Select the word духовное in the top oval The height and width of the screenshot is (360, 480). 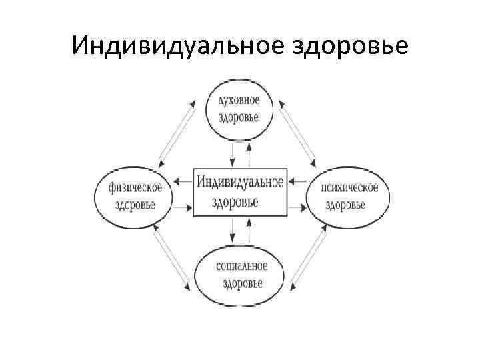tap(239, 101)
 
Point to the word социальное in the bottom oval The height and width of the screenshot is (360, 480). tap(241, 267)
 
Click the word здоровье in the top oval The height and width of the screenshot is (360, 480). tap(239, 119)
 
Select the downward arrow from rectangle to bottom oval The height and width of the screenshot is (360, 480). tap(232, 230)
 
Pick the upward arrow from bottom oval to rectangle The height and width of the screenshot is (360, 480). tap(249, 230)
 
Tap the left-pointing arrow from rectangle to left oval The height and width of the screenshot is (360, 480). tap(183, 179)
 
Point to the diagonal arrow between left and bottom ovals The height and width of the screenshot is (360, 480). tap(171, 258)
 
